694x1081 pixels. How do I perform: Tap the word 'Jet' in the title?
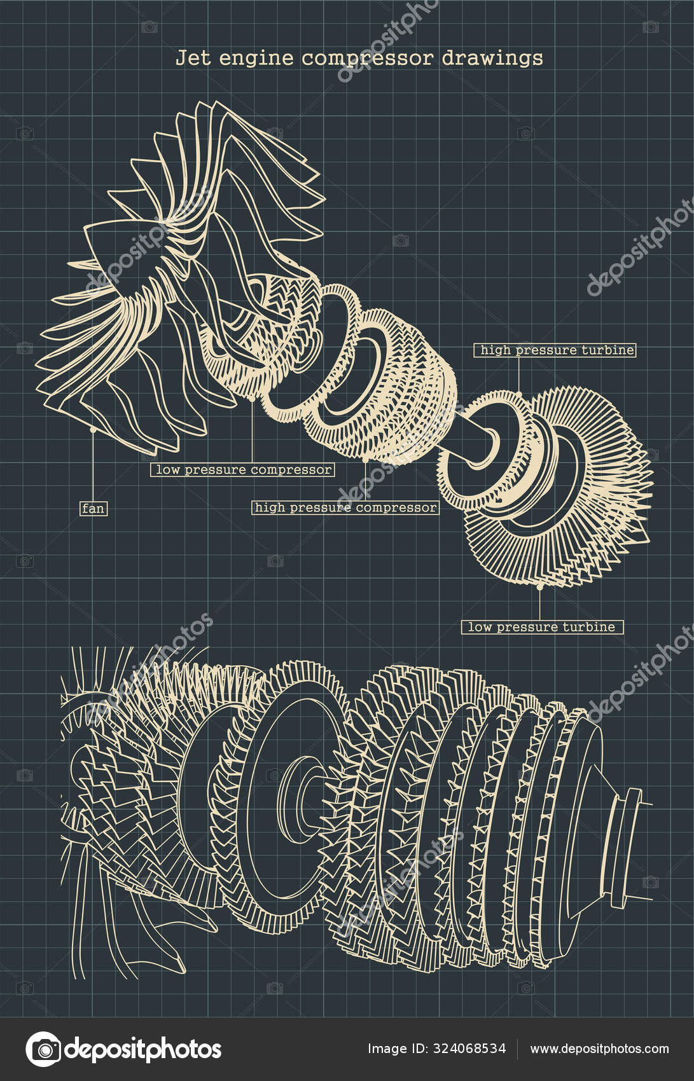tap(190, 58)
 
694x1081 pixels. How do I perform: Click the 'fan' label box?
tap(94, 509)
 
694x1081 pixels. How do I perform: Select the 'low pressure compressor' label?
tap(244, 470)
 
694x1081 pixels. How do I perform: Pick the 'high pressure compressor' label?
tap(345, 507)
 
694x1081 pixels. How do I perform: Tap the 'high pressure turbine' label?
tap(555, 350)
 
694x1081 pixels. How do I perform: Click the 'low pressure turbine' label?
tap(542, 627)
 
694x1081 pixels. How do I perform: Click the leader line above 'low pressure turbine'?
tap(540, 604)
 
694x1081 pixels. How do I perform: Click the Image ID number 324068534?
tap(471, 1049)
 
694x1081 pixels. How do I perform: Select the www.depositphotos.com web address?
tap(599, 1049)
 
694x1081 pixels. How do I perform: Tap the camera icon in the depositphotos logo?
tap(43, 1049)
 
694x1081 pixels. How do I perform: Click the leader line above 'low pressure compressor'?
tap(253, 432)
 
